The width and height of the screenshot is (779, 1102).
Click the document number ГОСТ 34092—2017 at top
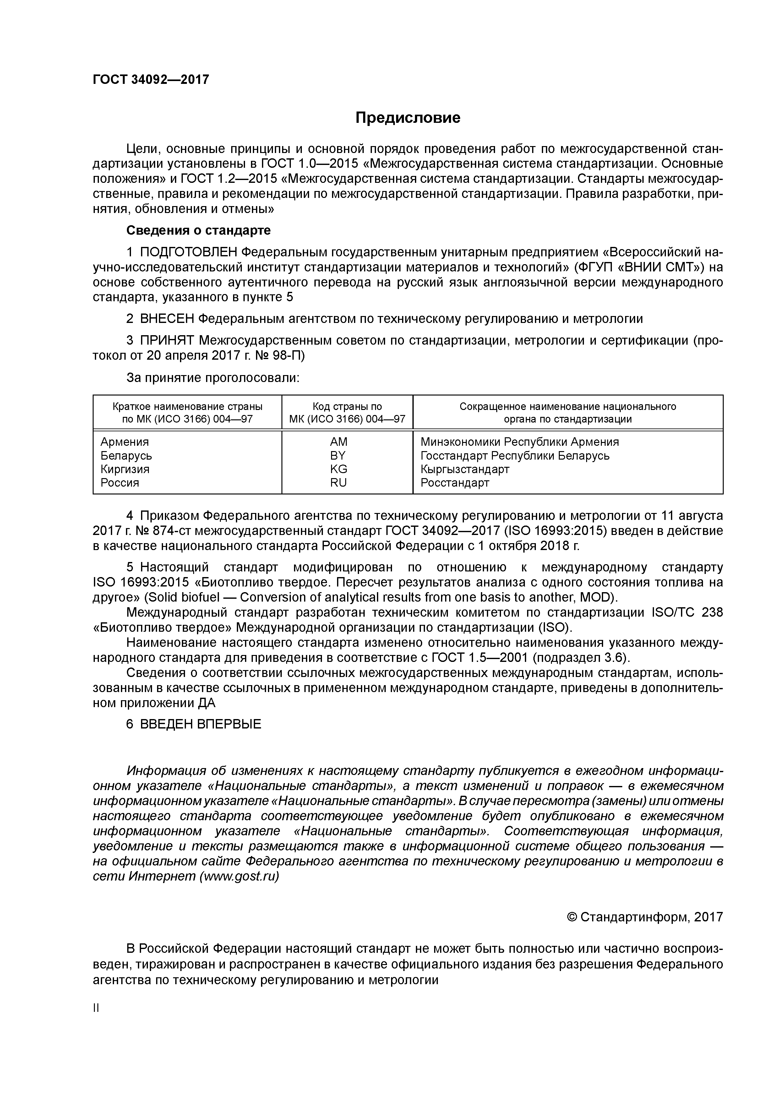[151, 80]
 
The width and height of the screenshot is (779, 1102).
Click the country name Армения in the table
[124, 442]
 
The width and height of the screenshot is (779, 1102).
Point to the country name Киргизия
[125, 469]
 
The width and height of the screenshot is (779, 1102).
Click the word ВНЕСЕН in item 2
[167, 319]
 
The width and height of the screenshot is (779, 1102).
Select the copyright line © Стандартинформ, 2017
[645, 917]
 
